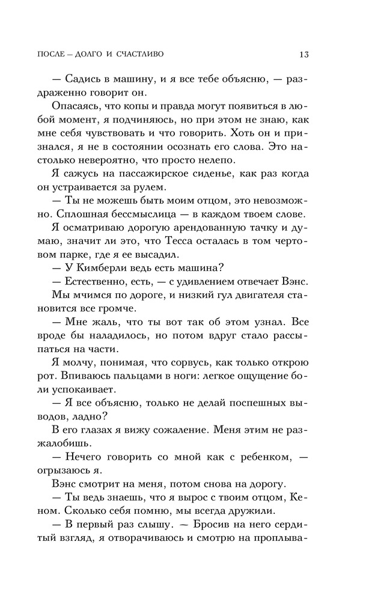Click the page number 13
[303, 55]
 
